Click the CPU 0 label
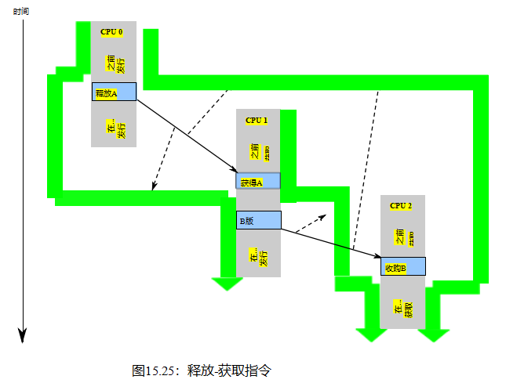tap(112, 32)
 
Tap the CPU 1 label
tap(257, 121)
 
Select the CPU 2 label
tap(401, 205)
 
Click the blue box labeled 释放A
tap(114, 92)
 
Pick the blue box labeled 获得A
tap(258, 181)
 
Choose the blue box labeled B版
tap(258, 220)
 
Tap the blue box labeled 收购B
tap(403, 266)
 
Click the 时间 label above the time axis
tap(22, 10)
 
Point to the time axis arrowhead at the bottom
tap(23, 334)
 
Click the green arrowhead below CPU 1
tap(228, 283)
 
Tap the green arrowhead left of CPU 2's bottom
tap(371, 334)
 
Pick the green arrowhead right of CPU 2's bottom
tap(433, 334)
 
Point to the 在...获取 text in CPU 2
tap(402, 312)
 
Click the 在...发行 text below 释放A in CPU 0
tap(115, 128)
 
